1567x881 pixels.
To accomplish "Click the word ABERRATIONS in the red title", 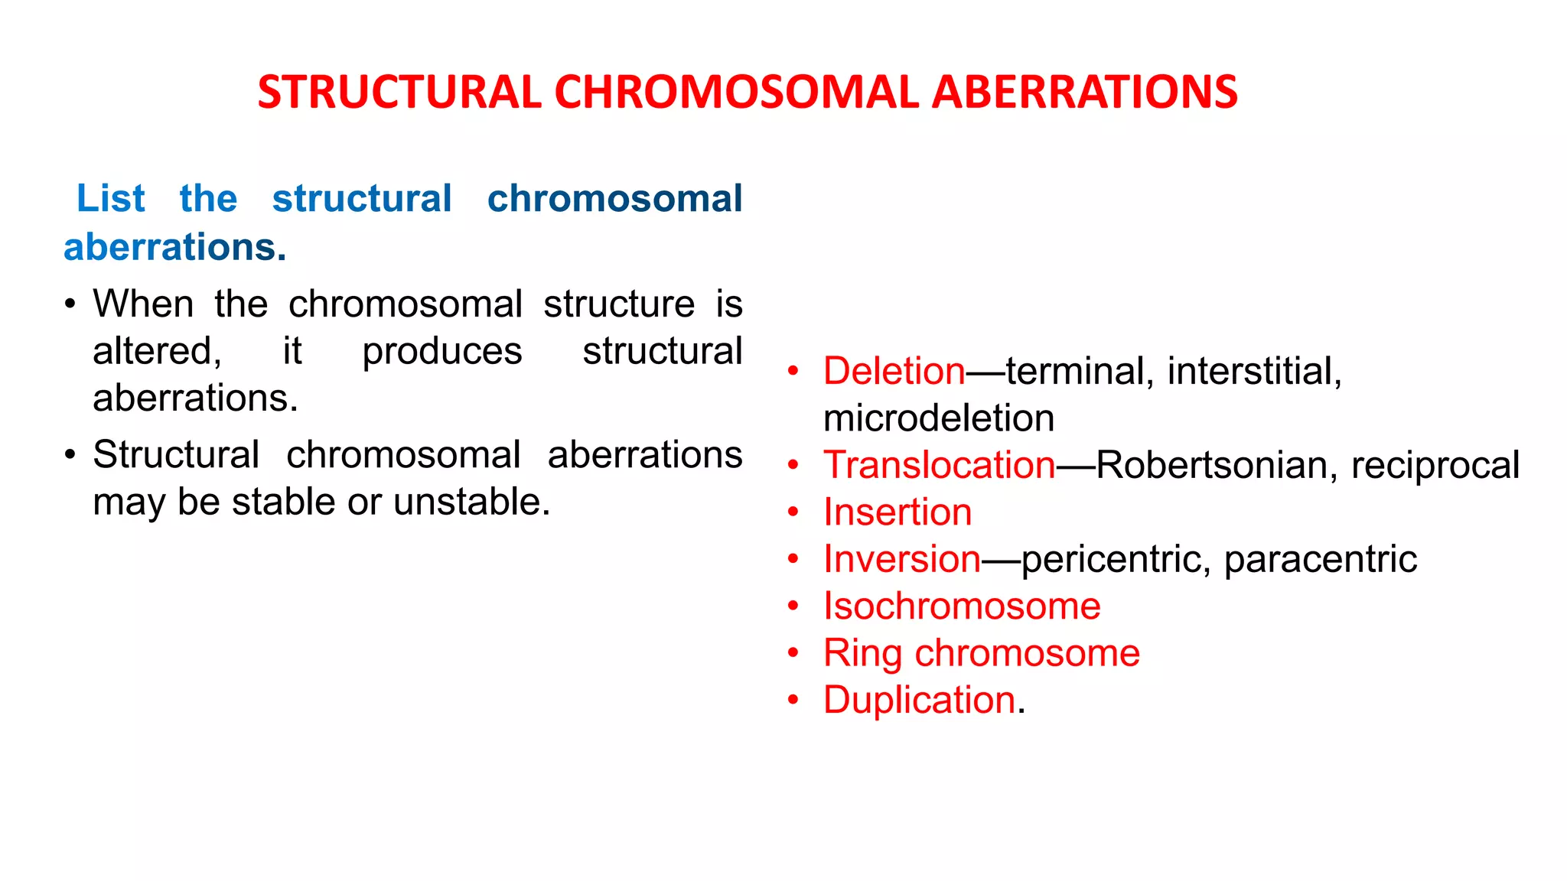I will click(x=1084, y=93).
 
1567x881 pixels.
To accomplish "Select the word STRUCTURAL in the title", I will click(x=399, y=93).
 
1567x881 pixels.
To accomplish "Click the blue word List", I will click(x=110, y=199).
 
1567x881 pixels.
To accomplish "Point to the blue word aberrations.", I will click(x=174, y=248).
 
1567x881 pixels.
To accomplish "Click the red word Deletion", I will click(x=894, y=372).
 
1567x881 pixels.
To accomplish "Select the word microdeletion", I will click(x=939, y=418).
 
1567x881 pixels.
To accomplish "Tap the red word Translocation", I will click(x=939, y=465).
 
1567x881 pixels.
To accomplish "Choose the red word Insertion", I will click(x=898, y=512).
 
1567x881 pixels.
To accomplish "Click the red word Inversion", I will click(x=901, y=559).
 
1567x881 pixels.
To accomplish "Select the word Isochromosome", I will click(x=962, y=606).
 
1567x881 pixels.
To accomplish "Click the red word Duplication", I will click(x=919, y=701).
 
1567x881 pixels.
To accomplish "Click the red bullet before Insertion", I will click(x=793, y=512).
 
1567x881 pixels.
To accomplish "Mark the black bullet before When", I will click(x=70, y=304).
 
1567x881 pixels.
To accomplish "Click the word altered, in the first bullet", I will click(x=157, y=352).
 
